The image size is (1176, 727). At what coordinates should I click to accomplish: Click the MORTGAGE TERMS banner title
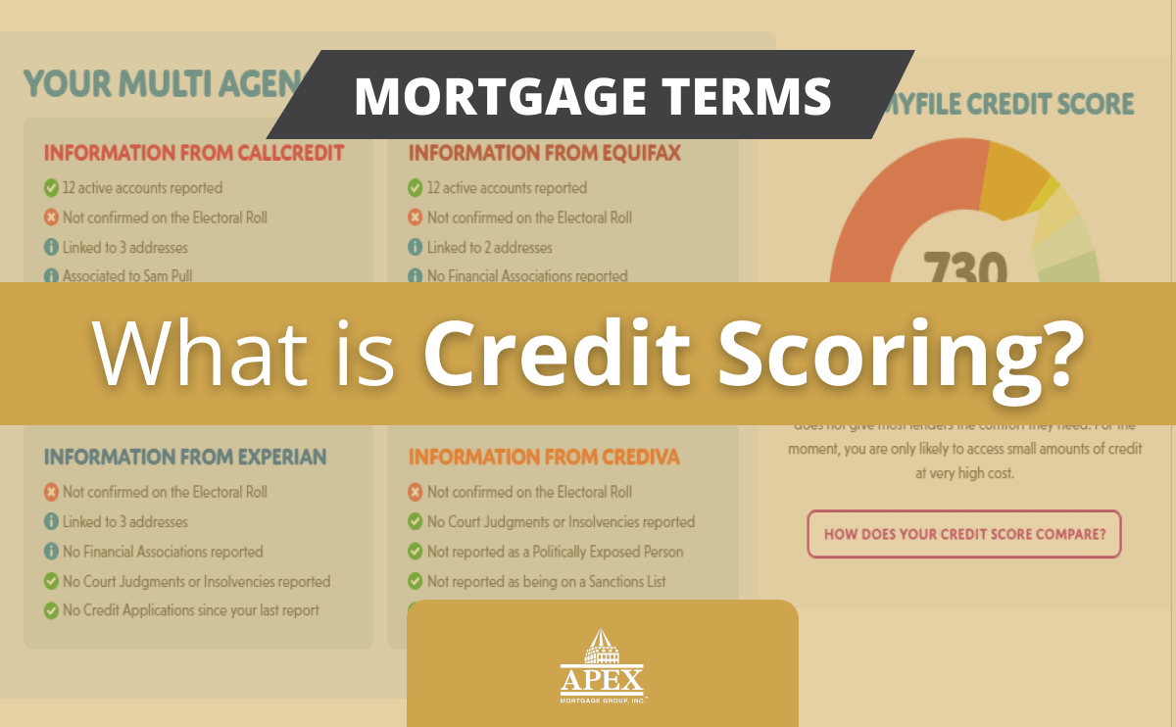592,95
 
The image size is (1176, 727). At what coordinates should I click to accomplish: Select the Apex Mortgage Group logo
603,666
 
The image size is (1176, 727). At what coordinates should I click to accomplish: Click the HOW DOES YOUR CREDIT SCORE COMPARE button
964,534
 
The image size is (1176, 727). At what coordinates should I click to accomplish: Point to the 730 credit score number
965,267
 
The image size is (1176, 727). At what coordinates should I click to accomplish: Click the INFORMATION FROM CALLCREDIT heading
193,153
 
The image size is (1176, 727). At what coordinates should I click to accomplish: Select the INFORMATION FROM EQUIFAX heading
544,153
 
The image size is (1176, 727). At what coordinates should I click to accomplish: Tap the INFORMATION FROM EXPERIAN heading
185,457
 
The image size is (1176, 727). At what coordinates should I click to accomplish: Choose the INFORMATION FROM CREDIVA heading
544,457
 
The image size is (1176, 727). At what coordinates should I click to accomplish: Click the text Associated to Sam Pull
127,276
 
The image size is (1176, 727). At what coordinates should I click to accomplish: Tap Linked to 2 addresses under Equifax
489,247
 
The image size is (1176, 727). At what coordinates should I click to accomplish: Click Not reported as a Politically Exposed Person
555,552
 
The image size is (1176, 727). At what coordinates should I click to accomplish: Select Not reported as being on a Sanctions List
546,581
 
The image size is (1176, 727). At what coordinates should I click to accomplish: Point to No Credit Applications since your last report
190,610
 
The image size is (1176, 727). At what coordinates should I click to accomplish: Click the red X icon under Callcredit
51,218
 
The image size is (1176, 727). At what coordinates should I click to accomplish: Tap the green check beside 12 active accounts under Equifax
416,188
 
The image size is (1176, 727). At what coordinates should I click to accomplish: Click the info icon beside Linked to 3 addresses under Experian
51,521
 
